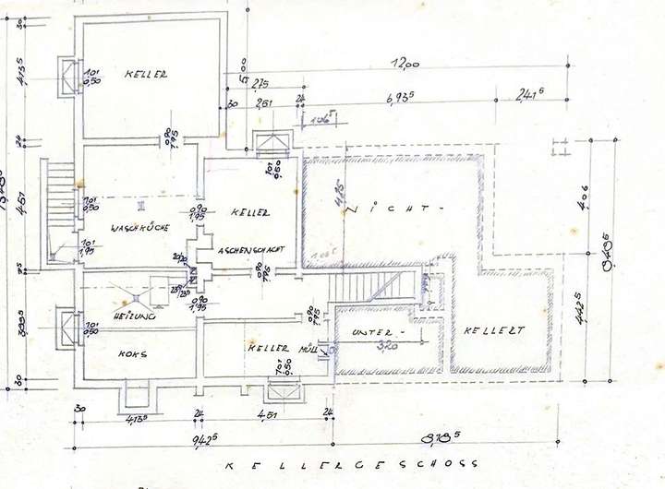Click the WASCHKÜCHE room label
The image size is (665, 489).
click(137, 227)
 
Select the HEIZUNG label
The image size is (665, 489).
click(133, 316)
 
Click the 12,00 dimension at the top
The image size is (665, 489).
click(404, 64)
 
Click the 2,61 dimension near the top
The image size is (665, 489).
click(263, 103)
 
